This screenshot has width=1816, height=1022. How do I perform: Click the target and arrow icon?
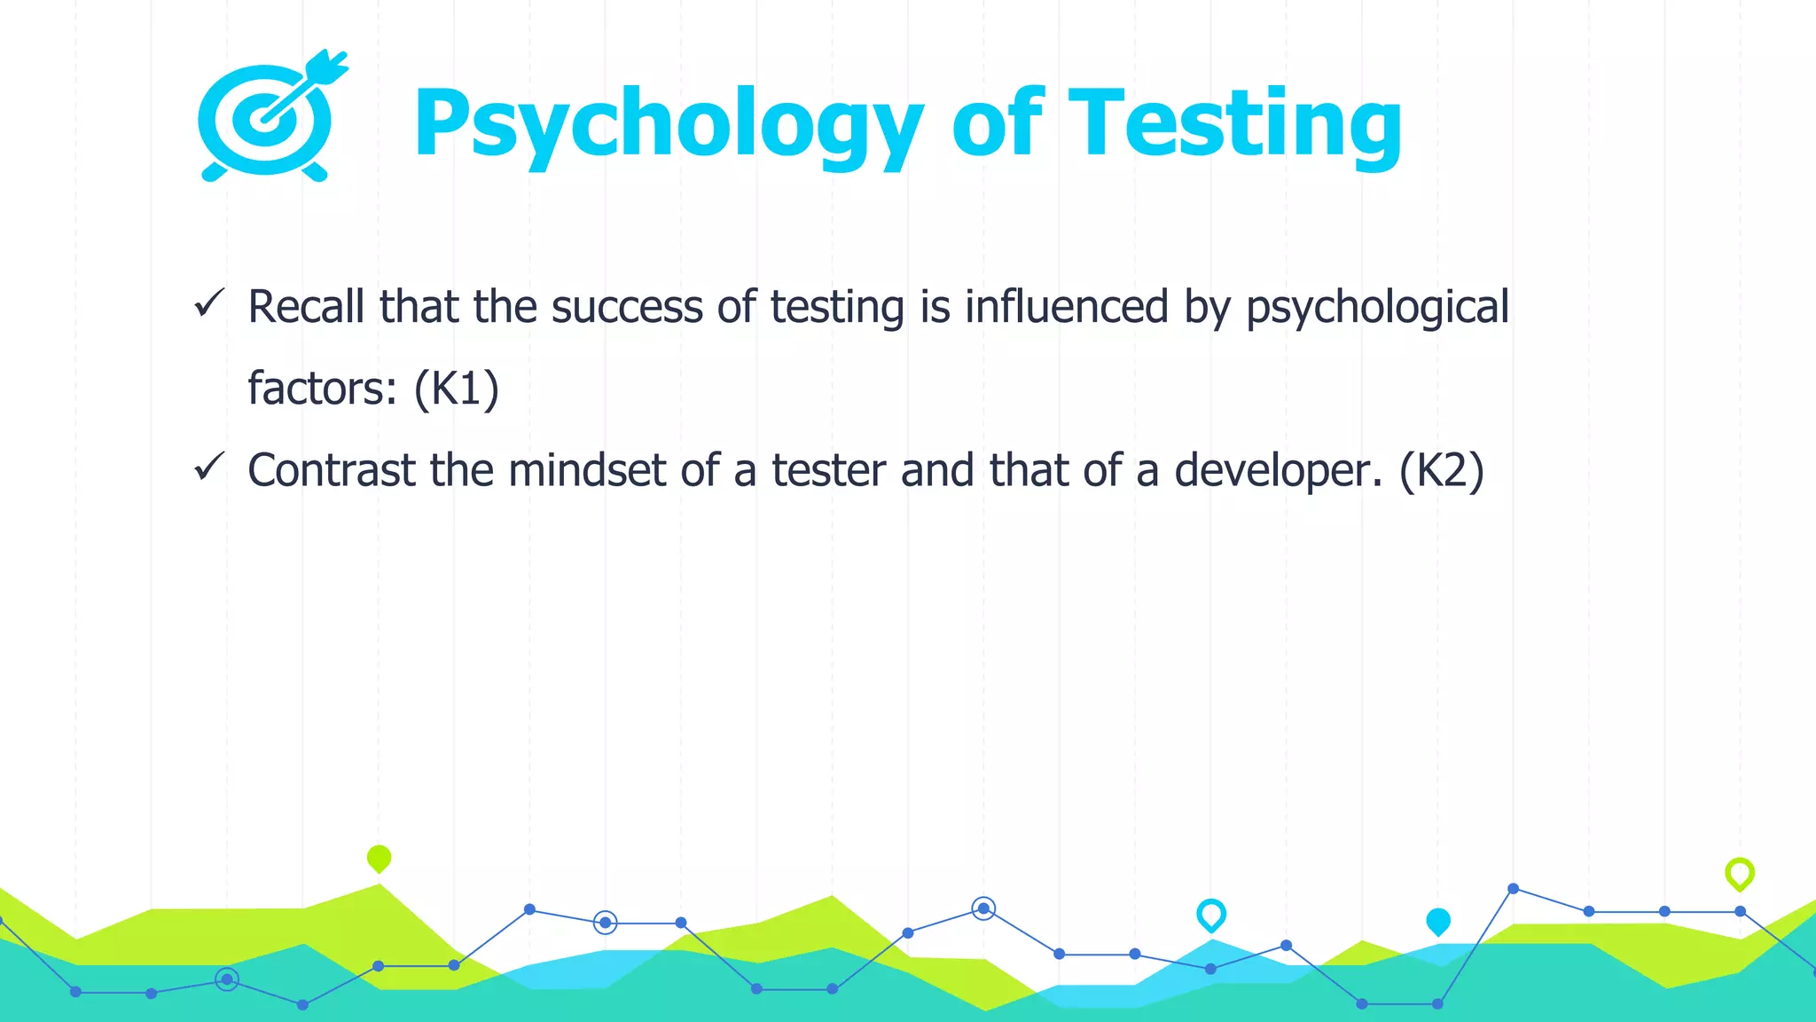[x=269, y=118]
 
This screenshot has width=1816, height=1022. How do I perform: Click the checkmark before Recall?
[x=209, y=303]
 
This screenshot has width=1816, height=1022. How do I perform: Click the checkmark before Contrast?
[x=209, y=467]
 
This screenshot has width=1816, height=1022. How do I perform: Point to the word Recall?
[x=306, y=307]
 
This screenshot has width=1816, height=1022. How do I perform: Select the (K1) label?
[x=457, y=389]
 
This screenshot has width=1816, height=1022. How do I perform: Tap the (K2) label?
[x=1441, y=470]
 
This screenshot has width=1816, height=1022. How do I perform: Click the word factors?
[x=322, y=389]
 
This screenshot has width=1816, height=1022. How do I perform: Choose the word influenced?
[x=1067, y=307]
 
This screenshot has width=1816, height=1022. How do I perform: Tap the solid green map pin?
[x=379, y=858]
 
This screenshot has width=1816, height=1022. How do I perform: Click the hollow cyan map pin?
[x=1210, y=914]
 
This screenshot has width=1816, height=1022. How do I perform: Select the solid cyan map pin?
[x=1437, y=921]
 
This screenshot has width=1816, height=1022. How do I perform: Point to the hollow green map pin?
[x=1739, y=873]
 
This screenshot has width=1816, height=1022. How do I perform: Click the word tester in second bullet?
[x=828, y=470]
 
